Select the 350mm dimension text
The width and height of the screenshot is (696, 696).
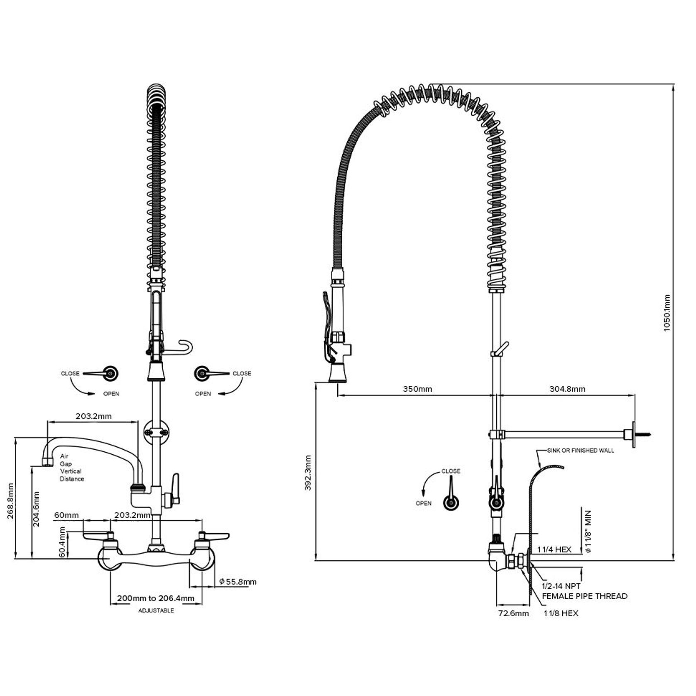(417, 389)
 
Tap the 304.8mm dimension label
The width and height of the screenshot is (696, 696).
(567, 389)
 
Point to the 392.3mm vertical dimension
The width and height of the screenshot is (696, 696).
(308, 473)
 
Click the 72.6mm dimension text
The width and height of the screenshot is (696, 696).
(513, 613)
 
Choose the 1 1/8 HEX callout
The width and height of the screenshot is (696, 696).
(561, 613)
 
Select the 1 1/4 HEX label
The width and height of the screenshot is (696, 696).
(554, 549)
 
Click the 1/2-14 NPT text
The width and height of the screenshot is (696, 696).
(561, 586)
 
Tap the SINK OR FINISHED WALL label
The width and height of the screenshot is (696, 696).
(580, 450)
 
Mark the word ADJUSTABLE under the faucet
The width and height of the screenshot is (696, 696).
(156, 610)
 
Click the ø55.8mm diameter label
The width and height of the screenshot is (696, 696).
(238, 582)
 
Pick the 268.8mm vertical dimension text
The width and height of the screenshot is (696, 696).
(11, 501)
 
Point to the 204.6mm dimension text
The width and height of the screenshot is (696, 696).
(37, 509)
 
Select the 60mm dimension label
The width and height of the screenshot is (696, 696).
(66, 515)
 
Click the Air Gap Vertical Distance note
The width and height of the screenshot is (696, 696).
(71, 468)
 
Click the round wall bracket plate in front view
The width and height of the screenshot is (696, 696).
(156, 433)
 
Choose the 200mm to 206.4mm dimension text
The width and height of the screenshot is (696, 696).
(155, 598)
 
